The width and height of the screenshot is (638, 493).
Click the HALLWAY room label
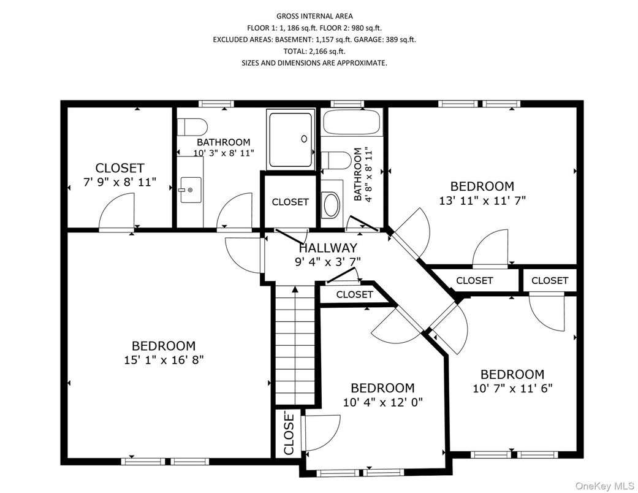pyautogui.click(x=328, y=248)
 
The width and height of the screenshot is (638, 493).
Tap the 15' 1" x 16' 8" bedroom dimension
pyautogui.click(x=164, y=360)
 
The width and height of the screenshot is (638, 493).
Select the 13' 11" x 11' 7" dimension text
pyautogui.click(x=482, y=201)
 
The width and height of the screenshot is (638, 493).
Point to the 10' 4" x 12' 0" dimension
pyautogui.click(x=383, y=402)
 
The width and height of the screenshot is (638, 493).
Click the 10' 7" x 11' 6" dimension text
pyautogui.click(x=512, y=388)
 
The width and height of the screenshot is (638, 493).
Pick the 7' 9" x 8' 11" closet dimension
pyautogui.click(x=120, y=182)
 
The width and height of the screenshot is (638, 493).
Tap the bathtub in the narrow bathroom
pyautogui.click(x=352, y=122)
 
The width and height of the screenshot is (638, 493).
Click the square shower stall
pyautogui.click(x=291, y=140)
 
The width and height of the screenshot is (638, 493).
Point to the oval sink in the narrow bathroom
pyautogui.click(x=331, y=204)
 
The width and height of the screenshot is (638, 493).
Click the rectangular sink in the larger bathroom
pyautogui.click(x=191, y=189)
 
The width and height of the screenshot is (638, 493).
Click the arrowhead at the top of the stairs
pyautogui.click(x=295, y=289)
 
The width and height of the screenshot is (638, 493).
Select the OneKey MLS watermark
pyautogui.click(x=605, y=486)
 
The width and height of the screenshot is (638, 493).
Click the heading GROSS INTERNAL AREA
pyautogui.click(x=314, y=17)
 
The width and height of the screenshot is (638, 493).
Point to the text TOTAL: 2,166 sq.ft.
pyautogui.click(x=314, y=52)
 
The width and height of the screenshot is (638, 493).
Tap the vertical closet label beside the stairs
pyautogui.click(x=289, y=434)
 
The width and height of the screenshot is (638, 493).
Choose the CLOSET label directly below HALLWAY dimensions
pyautogui.click(x=354, y=294)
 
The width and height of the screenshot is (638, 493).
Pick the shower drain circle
pyautogui.click(x=304, y=139)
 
